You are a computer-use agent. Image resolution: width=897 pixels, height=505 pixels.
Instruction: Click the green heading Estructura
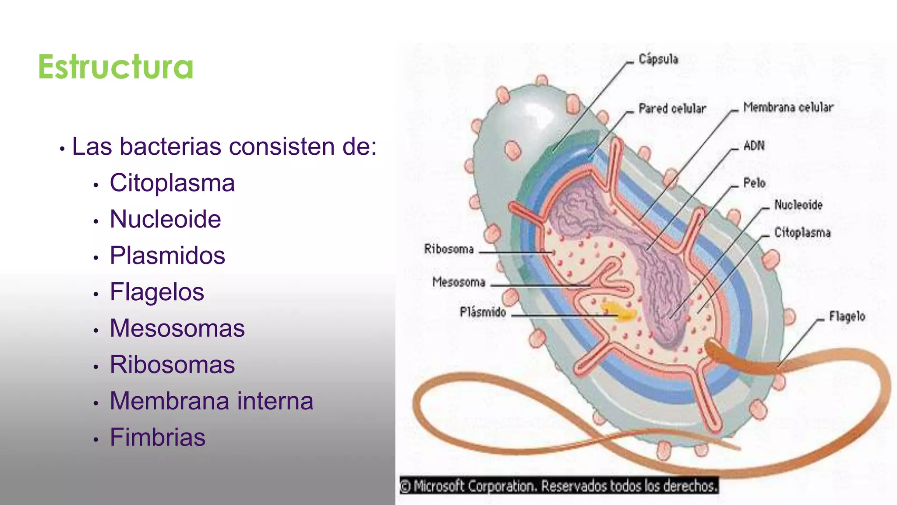coord(116,67)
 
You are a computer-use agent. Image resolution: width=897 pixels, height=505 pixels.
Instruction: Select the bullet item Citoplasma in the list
coord(172,183)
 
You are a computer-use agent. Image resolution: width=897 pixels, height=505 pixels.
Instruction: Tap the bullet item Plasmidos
coord(167,256)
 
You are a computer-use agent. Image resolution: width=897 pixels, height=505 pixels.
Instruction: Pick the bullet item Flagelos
coord(157,292)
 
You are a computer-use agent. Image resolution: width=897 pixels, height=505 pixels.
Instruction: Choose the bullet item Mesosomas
coord(177,328)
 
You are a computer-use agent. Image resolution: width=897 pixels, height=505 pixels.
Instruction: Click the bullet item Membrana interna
coord(212,401)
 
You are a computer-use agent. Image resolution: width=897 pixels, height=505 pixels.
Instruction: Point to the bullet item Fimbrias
coord(158,437)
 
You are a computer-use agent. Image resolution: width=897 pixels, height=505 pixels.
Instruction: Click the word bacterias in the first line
coord(170,146)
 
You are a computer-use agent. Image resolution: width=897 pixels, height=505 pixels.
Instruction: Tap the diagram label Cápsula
coord(658,59)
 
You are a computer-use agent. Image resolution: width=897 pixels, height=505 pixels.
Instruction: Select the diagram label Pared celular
coord(672,108)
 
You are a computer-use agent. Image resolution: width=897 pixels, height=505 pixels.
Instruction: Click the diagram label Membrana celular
coord(788,107)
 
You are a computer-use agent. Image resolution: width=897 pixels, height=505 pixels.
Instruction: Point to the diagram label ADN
coord(754,146)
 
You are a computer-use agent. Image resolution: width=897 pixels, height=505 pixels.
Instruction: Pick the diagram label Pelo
coord(754,183)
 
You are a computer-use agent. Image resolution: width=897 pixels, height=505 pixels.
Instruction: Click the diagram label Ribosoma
coord(449,249)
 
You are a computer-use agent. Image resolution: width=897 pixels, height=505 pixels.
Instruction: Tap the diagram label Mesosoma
coord(459,282)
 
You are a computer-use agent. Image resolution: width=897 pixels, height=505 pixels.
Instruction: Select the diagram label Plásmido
coord(483,312)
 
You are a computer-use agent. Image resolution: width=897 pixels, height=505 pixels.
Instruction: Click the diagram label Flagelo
coord(847,317)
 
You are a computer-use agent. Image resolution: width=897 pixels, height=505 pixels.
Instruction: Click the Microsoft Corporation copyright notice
coord(559,486)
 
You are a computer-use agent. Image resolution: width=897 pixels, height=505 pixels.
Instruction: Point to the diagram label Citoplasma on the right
coord(802,232)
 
